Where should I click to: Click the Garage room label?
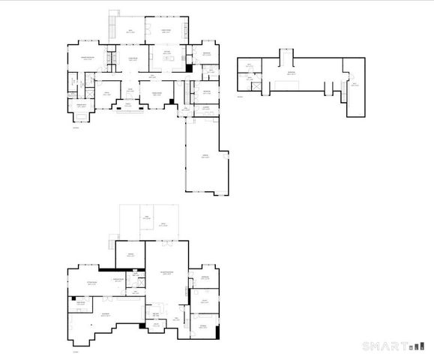coord(204,156)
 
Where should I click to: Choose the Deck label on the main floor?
coord(130,31)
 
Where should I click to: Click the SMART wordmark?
coord(384,346)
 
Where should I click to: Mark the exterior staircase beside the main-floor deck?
coord(113,16)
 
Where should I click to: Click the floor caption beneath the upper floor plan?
coord(240,97)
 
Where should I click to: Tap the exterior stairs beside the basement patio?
coord(112,244)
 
